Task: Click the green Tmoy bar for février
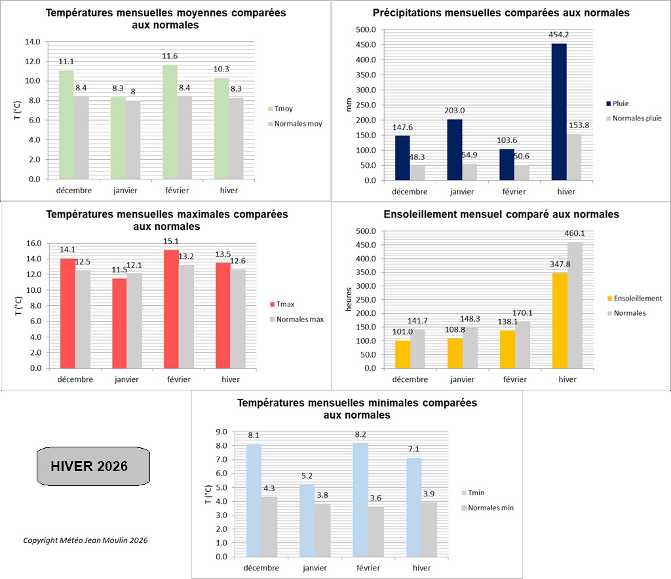pyautogui.click(x=170, y=122)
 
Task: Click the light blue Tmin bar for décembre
pyautogui.click(x=254, y=500)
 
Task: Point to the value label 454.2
pyautogui.click(x=559, y=35)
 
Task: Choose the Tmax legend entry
pyautogui.click(x=282, y=305)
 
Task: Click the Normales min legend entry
pyautogui.click(x=487, y=508)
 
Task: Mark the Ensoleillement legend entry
pyautogui.click(x=635, y=298)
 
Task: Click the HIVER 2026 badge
pyautogui.click(x=93, y=466)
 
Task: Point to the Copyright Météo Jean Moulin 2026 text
pyautogui.click(x=85, y=540)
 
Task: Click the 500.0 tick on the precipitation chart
pyautogui.click(x=365, y=29)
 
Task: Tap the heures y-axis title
pyautogui.click(x=349, y=299)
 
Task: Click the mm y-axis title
pyautogui.click(x=349, y=104)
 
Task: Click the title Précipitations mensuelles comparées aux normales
pyautogui.click(x=501, y=13)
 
